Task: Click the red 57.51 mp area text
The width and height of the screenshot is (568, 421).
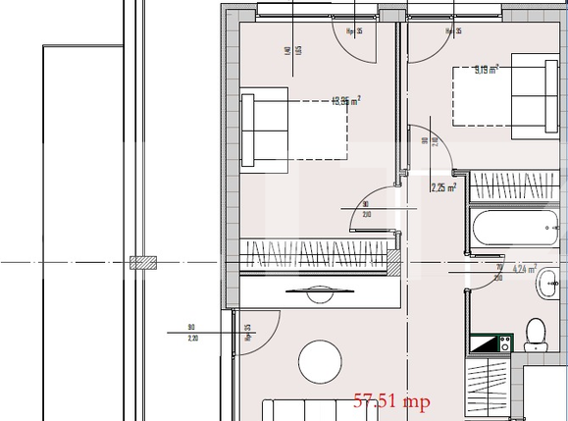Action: click(x=391, y=400)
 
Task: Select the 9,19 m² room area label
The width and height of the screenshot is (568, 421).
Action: click(x=487, y=69)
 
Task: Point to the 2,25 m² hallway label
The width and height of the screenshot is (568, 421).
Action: click(x=443, y=188)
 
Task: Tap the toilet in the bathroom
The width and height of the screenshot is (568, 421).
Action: click(x=535, y=335)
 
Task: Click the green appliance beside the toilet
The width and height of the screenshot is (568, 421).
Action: click(x=489, y=343)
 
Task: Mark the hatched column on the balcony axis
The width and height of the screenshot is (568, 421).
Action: click(x=144, y=263)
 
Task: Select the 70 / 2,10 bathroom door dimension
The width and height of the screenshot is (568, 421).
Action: click(x=499, y=273)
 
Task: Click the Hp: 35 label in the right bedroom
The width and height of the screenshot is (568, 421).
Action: click(x=452, y=31)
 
